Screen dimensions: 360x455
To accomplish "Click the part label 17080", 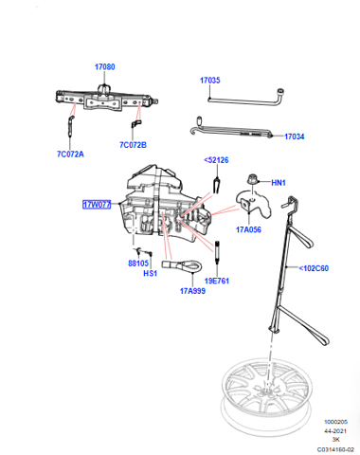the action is [x=105, y=67].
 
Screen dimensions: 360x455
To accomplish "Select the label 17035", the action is [x=210, y=81].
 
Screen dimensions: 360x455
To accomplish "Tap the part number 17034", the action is [x=295, y=136].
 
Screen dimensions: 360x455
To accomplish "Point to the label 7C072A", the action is [x=70, y=155].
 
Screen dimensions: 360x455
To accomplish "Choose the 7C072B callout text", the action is [x=133, y=145].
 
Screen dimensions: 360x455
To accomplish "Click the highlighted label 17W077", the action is [x=97, y=205].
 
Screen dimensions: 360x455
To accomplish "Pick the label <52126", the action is [x=216, y=160].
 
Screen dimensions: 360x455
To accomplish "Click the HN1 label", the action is [x=279, y=183].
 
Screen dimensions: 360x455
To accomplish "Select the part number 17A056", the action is [x=249, y=229].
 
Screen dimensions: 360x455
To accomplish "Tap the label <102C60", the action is [x=314, y=268].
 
